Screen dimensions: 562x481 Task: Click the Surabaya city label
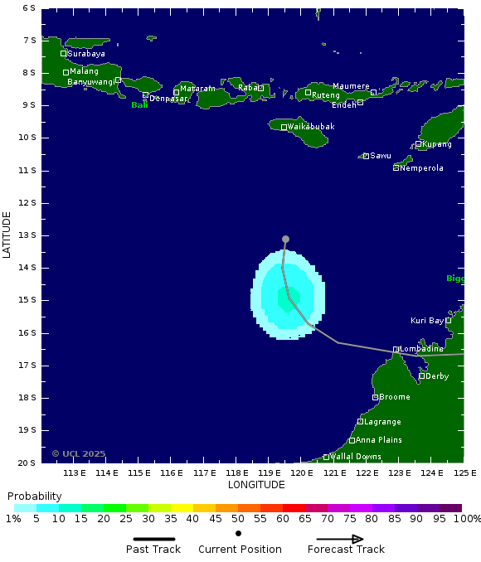86,54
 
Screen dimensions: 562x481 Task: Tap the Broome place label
395,398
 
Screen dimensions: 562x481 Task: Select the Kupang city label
437,144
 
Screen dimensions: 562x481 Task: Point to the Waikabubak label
311,127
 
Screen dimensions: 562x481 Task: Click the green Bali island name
139,105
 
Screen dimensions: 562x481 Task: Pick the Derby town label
437,376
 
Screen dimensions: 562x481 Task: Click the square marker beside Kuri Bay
449,320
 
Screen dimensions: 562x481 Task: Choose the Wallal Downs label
356,457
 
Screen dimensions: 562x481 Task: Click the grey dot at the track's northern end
285,239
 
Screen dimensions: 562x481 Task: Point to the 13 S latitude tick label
28,235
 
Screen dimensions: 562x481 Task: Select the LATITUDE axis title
7,235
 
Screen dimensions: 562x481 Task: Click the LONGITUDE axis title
256,485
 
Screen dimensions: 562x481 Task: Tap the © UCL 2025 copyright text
79,453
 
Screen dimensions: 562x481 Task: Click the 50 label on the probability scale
238,519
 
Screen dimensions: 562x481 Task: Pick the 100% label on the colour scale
466,519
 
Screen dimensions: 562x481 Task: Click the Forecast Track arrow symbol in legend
346,539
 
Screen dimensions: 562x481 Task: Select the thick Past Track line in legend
153,539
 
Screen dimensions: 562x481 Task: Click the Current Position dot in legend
239,533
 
